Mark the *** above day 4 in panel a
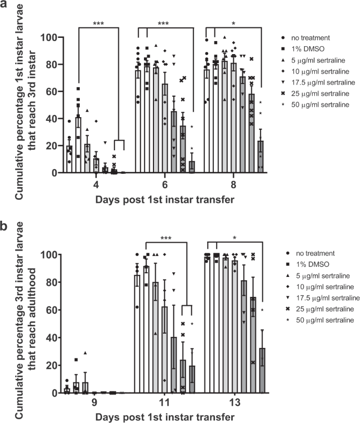(x=97, y=23)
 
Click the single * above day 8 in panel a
(x=233, y=23)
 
